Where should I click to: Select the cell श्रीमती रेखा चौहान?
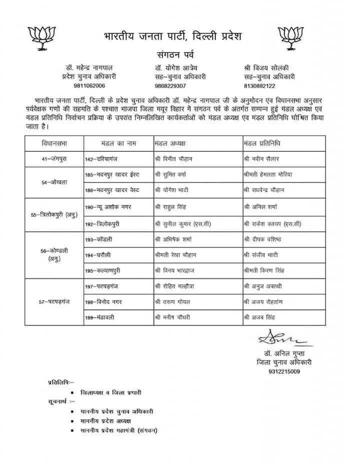(x=175, y=255)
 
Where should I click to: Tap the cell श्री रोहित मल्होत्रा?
(x=176, y=286)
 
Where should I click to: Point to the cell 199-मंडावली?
(x=101, y=317)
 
